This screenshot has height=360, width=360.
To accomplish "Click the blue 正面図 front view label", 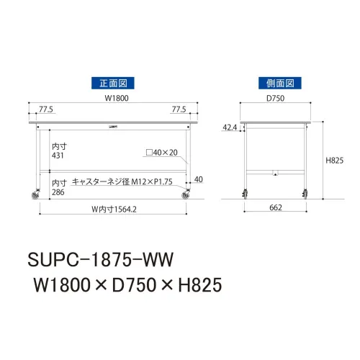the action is click(x=113, y=83).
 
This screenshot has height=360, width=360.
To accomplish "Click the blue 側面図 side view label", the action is click(x=280, y=83).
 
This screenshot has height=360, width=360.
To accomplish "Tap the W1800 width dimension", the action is click(x=117, y=98).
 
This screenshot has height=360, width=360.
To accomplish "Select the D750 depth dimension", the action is click(x=276, y=98).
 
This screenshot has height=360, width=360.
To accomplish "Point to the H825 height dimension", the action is click(x=335, y=161).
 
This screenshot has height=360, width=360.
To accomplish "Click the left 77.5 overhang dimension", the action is click(x=46, y=109).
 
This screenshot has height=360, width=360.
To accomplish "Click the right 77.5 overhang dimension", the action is click(x=179, y=109).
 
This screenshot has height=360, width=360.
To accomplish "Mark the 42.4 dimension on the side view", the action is click(x=230, y=127).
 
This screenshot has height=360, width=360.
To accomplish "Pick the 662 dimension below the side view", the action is click(x=276, y=207).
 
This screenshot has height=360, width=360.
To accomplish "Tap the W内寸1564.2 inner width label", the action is click(x=114, y=210).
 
